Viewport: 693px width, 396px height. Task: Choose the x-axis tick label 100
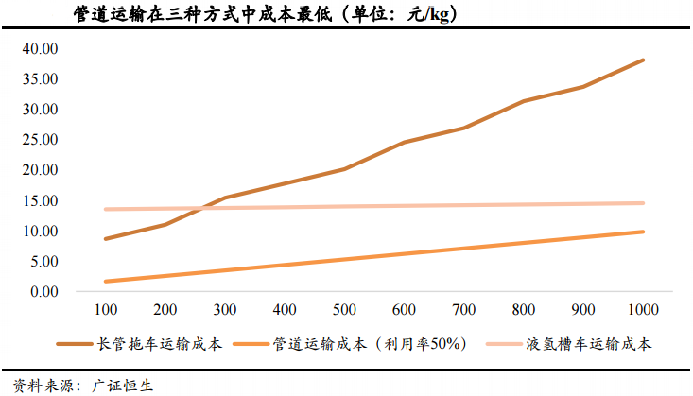point(106,311)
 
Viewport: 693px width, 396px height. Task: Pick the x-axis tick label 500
point(344,311)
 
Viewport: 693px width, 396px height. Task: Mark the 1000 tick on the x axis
point(643,311)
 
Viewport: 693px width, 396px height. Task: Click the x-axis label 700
point(463,311)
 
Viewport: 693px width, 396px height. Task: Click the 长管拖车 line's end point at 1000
point(643,60)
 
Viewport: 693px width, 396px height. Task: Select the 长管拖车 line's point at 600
point(404,143)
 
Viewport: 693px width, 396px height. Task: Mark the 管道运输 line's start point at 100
point(106,282)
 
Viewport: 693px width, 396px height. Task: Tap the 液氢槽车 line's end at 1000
point(643,203)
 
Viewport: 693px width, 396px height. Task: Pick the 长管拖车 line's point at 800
point(523,101)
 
